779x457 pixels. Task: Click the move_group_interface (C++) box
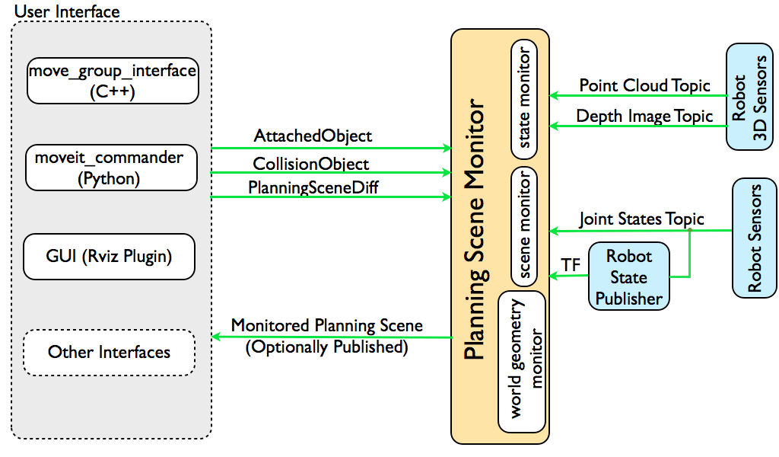click(x=113, y=81)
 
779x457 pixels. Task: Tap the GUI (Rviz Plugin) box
click(x=110, y=256)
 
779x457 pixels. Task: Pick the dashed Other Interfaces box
click(x=110, y=352)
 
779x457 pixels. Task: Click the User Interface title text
click(x=67, y=12)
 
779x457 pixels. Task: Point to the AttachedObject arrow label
click(x=313, y=136)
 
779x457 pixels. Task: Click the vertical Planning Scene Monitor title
click(x=475, y=229)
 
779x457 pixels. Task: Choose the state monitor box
click(x=524, y=99)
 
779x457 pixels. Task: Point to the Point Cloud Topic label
click(x=644, y=85)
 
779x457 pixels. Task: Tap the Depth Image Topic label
click(x=644, y=117)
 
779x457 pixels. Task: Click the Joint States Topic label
click(x=641, y=219)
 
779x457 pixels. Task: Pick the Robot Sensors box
click(x=755, y=238)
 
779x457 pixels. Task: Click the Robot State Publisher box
click(x=629, y=276)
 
